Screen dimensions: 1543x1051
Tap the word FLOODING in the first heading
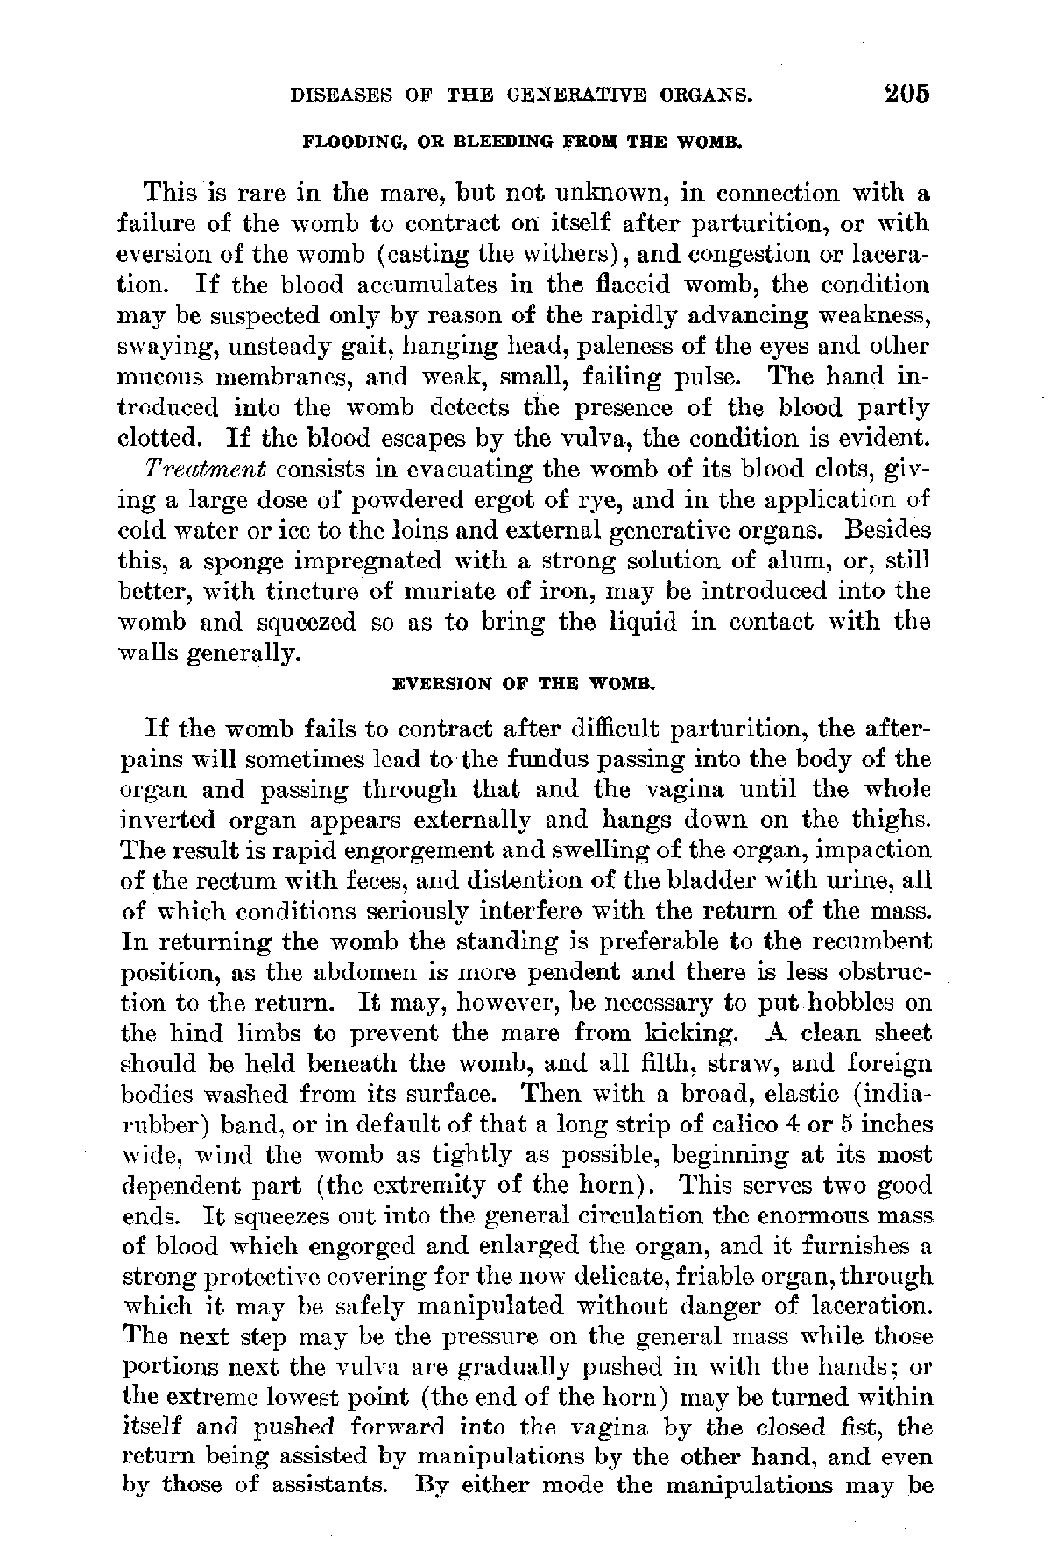(x=340, y=141)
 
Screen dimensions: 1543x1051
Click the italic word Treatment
(x=206, y=469)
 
